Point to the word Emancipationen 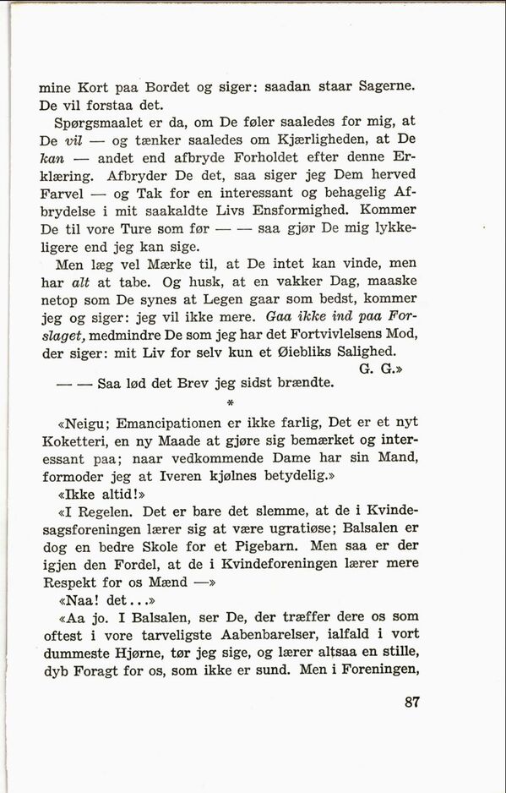click(x=175, y=423)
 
